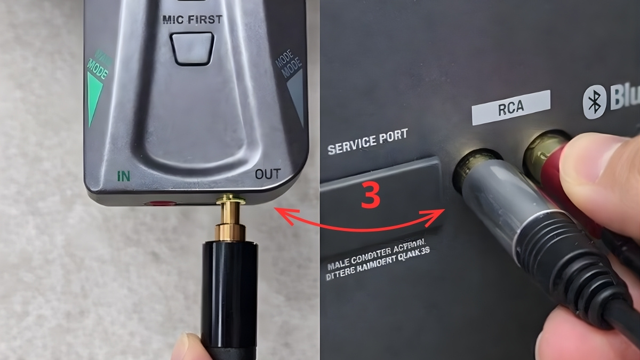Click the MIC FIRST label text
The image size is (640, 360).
[192, 20]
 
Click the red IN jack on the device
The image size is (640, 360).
[161, 204]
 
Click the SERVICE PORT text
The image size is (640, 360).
[367, 141]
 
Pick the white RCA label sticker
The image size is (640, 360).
[510, 107]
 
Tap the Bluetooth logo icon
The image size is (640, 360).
[593, 101]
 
